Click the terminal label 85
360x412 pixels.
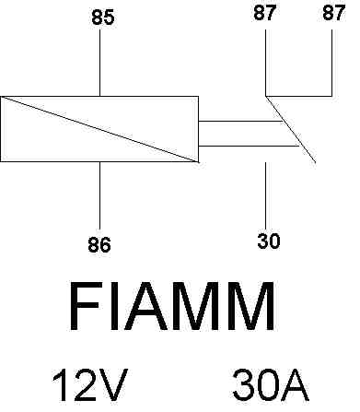103,18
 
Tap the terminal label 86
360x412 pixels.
99,244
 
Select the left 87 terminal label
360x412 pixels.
264,14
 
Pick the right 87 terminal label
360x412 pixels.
332,14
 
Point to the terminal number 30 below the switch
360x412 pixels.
268,241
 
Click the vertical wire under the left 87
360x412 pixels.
265,61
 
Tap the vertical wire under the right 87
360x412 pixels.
332,61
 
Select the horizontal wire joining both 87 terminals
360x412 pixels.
299,94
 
